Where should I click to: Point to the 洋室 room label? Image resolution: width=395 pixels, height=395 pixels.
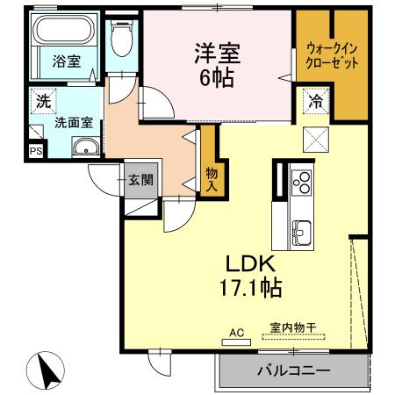click(x=216, y=53)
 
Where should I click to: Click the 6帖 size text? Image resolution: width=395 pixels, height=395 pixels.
click(x=216, y=76)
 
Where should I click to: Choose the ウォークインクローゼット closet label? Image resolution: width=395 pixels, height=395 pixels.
click(x=331, y=56)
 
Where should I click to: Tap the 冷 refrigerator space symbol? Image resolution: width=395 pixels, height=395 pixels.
click(x=314, y=101)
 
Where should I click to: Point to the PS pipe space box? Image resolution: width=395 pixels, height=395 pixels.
click(x=35, y=150)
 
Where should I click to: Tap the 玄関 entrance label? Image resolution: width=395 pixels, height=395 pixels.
click(x=140, y=181)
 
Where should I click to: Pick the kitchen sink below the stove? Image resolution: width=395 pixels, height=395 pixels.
click(x=300, y=232)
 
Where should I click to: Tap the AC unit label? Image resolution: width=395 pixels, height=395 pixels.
click(x=235, y=332)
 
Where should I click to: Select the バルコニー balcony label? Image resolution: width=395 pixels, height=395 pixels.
click(x=293, y=371)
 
